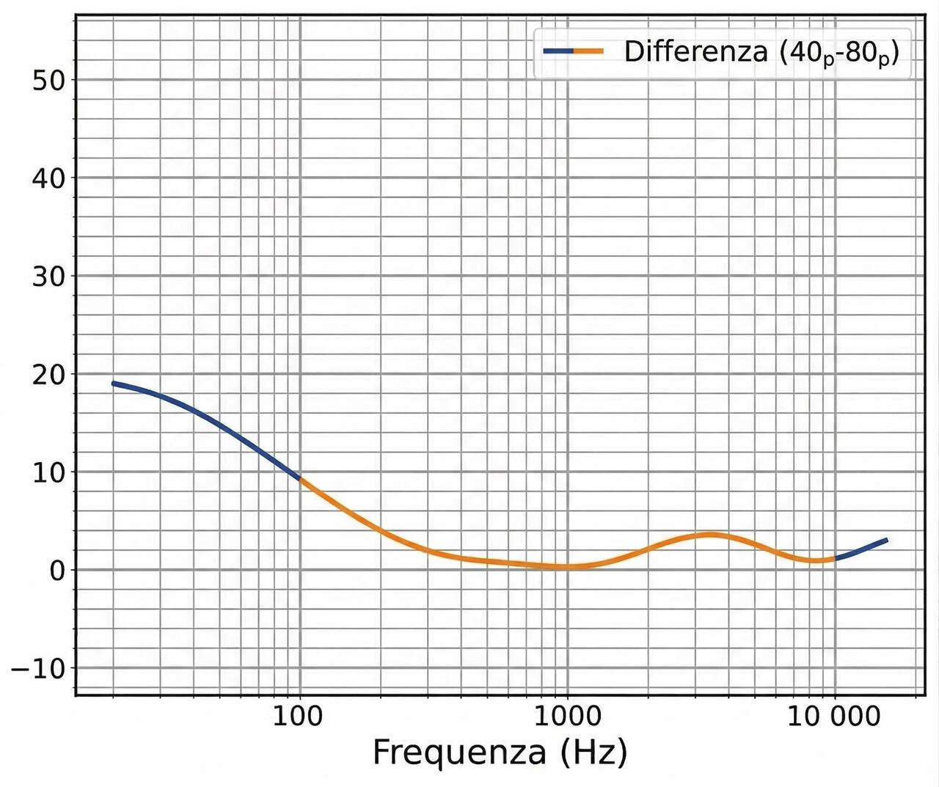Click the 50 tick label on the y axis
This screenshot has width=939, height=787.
click(x=48, y=80)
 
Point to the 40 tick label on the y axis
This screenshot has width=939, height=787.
click(x=48, y=178)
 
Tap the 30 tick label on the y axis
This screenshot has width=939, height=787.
click(x=48, y=277)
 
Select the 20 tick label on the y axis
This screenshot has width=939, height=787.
click(x=48, y=374)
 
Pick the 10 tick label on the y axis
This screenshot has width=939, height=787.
click(x=48, y=472)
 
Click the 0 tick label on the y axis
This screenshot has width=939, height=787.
click(x=56, y=571)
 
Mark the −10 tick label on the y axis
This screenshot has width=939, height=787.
click(x=37, y=669)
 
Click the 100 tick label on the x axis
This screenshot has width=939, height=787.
click(x=297, y=716)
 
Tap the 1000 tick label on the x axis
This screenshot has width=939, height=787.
click(x=566, y=716)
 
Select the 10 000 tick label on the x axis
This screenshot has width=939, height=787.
click(x=834, y=716)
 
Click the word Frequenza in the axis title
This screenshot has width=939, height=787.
click(x=459, y=753)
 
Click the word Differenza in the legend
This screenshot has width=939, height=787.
click(x=695, y=52)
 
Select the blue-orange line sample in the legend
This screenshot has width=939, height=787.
click(x=573, y=51)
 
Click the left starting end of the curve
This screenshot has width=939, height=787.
click(x=113, y=383)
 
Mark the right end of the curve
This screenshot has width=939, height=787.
click(x=887, y=540)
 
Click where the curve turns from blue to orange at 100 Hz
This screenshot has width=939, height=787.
click(x=300, y=479)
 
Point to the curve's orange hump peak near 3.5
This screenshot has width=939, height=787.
click(x=709, y=535)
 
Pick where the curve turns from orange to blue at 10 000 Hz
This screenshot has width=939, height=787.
click(x=835, y=559)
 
